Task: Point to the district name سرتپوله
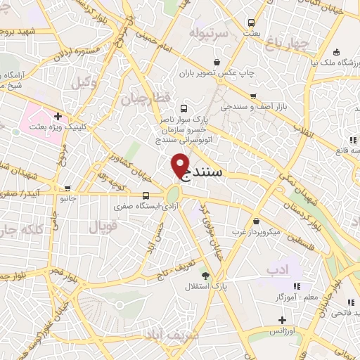click(x=209, y=34)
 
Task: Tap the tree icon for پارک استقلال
click(x=205, y=276)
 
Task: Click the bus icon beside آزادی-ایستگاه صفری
click(x=146, y=196)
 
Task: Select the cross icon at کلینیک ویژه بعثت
click(x=58, y=116)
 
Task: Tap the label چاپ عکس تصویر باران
click(x=224, y=72)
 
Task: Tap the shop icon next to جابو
click(x=68, y=188)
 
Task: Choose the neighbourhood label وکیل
click(x=85, y=83)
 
